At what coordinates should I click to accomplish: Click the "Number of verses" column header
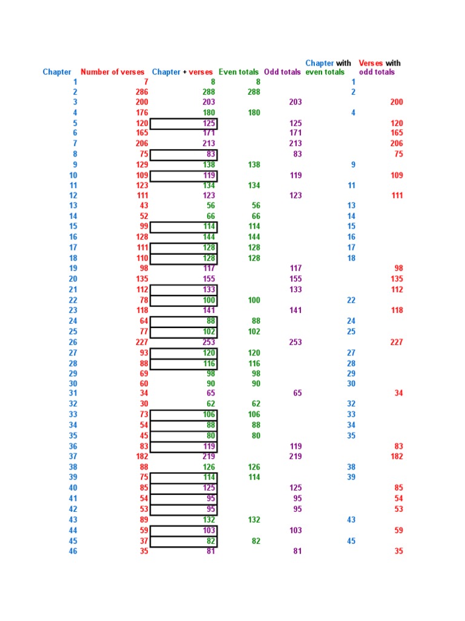113,72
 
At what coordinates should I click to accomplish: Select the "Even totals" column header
239,72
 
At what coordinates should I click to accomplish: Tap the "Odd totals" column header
282,72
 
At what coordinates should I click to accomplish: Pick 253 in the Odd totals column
295,343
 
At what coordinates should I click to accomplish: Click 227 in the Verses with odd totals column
397,343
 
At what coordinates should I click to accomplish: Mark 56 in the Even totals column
256,206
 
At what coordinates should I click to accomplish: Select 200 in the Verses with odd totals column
397,102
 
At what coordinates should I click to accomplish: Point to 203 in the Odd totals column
295,102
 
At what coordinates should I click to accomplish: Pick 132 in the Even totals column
254,520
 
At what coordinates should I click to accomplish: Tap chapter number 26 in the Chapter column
73,343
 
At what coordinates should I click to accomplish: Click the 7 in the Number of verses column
145,82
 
